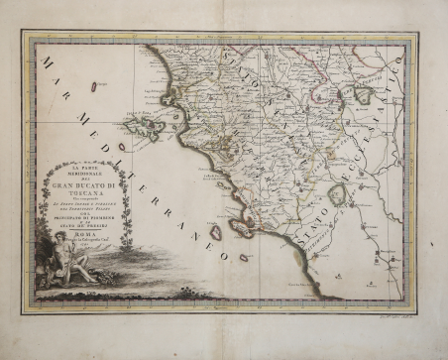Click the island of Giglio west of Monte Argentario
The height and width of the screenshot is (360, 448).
click(x=215, y=231)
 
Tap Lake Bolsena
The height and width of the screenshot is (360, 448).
click(x=336, y=194)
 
